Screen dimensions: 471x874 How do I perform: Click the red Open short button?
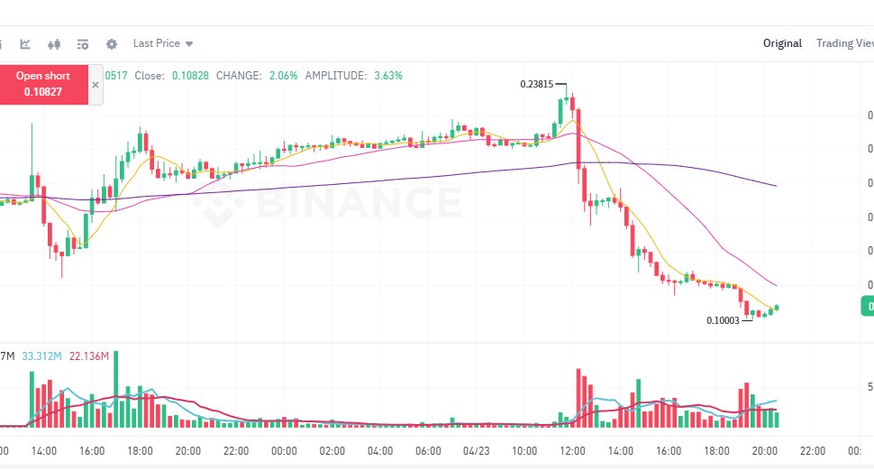click(x=43, y=84)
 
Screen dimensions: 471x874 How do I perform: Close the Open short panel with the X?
click(x=96, y=84)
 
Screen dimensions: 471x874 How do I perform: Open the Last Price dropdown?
click(x=162, y=43)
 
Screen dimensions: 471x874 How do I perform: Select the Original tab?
click(x=782, y=43)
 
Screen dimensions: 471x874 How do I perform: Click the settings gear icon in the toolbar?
click(x=112, y=43)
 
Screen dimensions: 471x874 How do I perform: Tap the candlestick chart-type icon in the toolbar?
click(x=54, y=43)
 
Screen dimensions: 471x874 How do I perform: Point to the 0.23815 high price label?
click(x=536, y=84)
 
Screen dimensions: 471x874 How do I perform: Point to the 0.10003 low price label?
click(x=723, y=320)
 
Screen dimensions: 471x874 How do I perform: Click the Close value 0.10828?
click(x=190, y=76)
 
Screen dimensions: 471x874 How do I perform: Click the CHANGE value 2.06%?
click(x=283, y=76)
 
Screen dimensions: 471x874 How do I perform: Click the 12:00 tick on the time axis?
click(x=573, y=450)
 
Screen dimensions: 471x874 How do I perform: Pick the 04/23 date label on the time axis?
click(x=477, y=450)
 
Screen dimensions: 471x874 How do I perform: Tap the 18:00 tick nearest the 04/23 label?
click(x=717, y=450)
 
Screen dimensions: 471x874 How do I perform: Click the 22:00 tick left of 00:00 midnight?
click(x=236, y=450)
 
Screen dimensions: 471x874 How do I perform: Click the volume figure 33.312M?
click(x=41, y=356)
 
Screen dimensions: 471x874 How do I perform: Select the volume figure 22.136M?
click(x=88, y=356)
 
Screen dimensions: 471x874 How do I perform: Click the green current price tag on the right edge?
click(x=867, y=308)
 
